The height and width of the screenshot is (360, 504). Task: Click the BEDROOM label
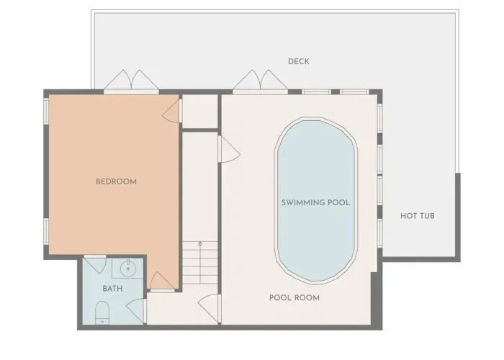click(116, 181)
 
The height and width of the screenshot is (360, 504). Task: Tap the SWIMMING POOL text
click(315, 202)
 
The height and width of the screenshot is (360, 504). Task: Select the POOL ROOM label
click(294, 297)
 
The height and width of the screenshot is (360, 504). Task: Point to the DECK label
click(299, 61)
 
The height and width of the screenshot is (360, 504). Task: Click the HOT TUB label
click(417, 216)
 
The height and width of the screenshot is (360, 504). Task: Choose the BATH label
click(112, 288)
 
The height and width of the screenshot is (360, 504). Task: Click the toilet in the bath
click(102, 312)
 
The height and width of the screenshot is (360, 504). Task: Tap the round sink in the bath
click(128, 267)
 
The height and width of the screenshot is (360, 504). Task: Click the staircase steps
click(200, 263)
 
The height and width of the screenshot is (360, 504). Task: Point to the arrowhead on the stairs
click(200, 243)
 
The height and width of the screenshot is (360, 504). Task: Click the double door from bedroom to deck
click(131, 81)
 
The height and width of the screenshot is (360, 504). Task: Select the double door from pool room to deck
click(260, 81)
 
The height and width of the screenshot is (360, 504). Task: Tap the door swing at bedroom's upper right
click(172, 111)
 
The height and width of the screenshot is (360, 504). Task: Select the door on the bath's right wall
click(136, 311)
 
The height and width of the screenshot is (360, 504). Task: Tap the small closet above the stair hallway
click(200, 112)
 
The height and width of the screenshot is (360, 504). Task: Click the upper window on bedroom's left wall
click(46, 111)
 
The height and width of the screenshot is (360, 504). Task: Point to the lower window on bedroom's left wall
click(46, 231)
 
